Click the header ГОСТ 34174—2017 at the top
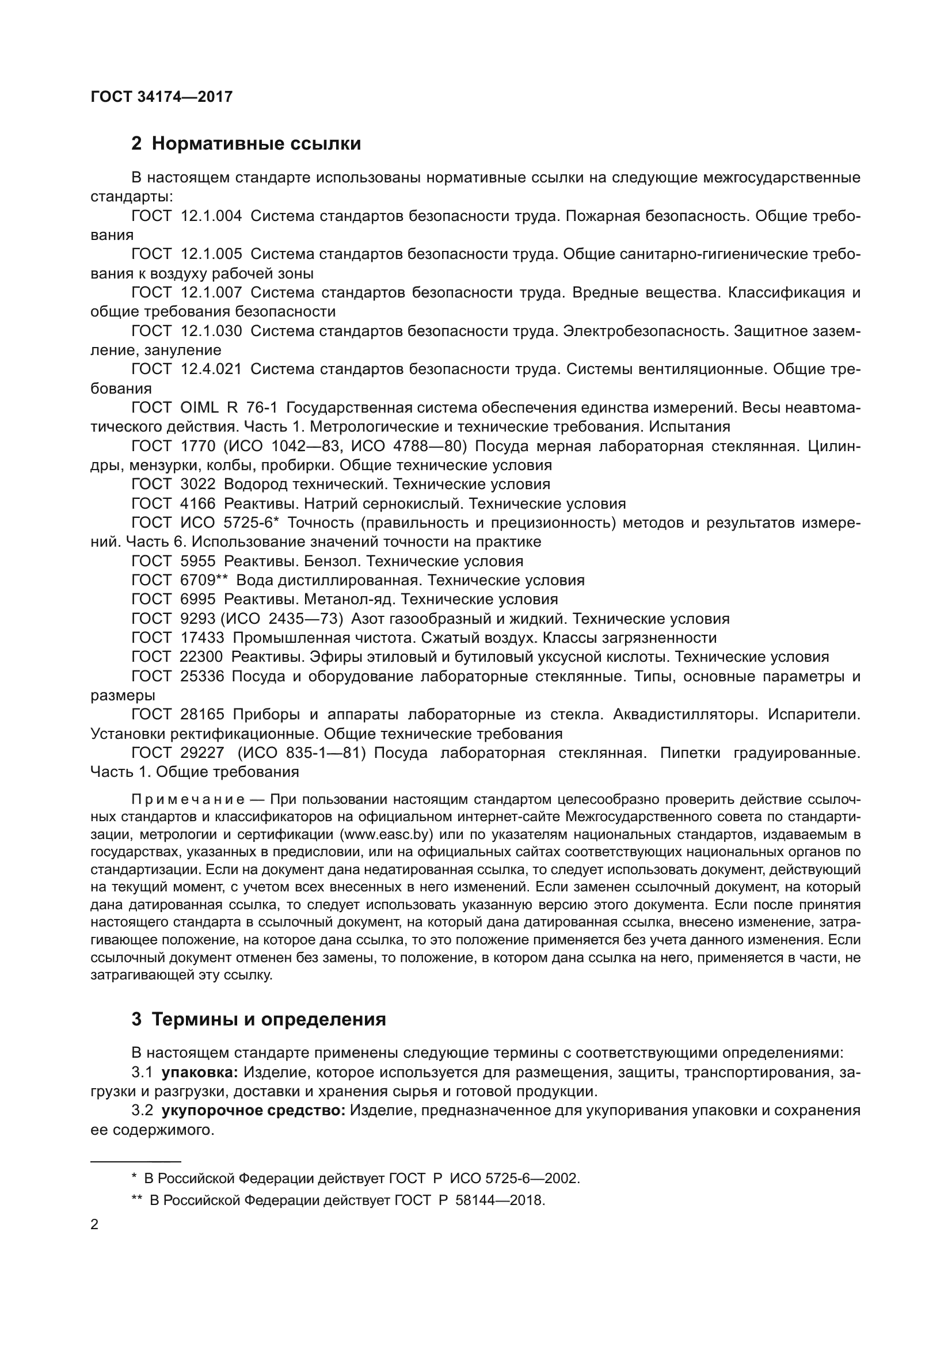(161, 97)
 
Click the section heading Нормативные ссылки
(256, 144)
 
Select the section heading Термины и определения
(268, 1020)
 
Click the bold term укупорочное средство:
(253, 1111)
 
